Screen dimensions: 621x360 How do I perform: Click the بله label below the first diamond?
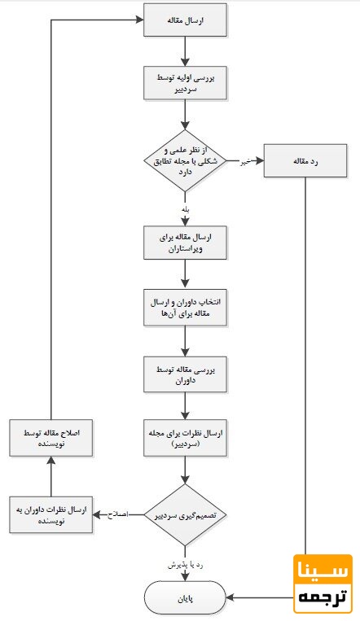(x=187, y=208)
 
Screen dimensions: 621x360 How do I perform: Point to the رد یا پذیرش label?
(x=187, y=564)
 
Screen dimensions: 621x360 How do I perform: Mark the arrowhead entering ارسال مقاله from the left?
(x=139, y=21)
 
